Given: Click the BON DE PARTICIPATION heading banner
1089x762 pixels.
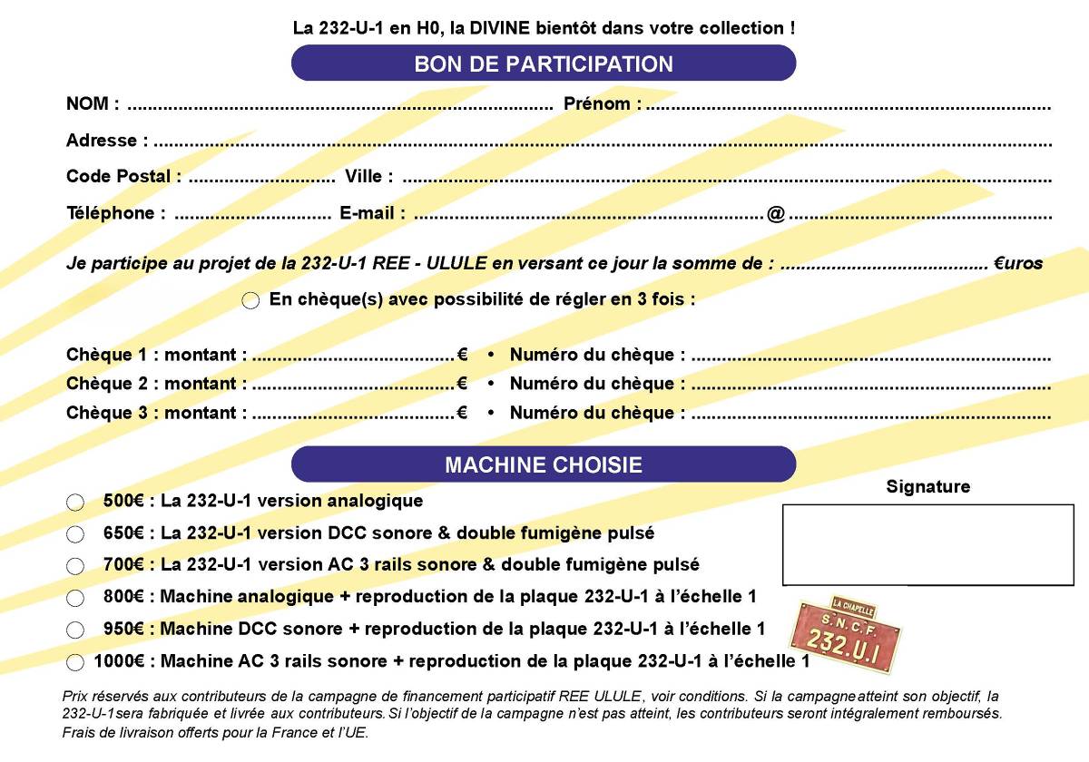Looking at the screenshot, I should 543,63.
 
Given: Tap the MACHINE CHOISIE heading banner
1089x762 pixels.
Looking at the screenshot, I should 543,464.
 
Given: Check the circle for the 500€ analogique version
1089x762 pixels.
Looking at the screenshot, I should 75,503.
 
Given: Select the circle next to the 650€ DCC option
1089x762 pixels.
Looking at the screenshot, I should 75,534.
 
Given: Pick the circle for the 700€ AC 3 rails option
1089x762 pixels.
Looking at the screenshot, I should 75,566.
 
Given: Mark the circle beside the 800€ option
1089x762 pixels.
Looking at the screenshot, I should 75,598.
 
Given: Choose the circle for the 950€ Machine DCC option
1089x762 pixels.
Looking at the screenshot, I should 75,630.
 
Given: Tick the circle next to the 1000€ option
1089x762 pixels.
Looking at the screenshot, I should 75,662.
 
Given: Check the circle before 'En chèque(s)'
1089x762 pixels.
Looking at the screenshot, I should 251,301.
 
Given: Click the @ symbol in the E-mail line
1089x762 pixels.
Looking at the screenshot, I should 775,214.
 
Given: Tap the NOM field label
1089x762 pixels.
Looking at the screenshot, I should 92,104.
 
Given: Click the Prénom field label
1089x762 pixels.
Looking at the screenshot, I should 602,104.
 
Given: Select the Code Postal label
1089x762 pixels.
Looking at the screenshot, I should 123,177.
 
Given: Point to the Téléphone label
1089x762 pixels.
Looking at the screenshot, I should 115,214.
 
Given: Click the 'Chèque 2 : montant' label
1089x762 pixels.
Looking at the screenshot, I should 156,384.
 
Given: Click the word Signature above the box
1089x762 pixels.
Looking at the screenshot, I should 927,487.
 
